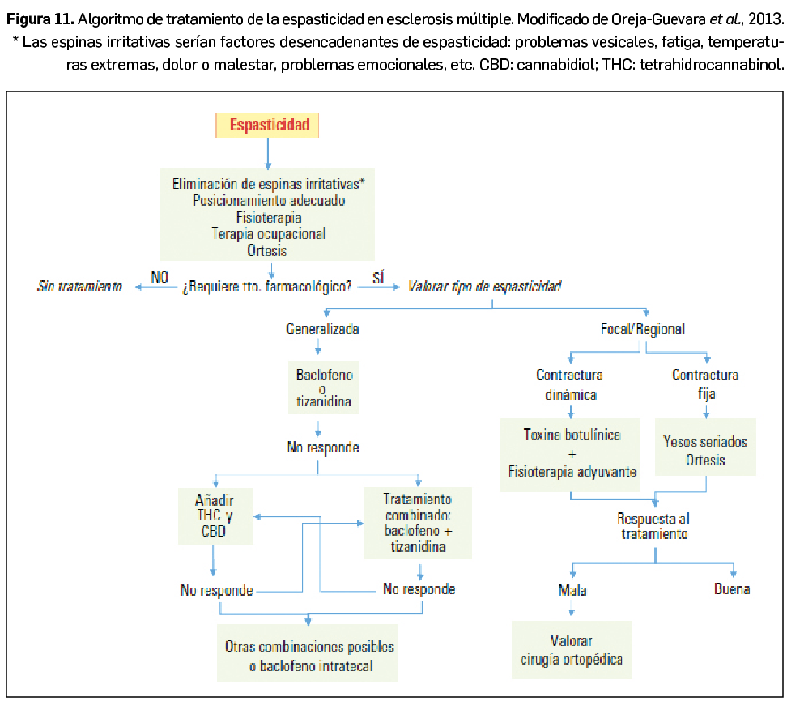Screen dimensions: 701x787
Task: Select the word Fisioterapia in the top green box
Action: point(269,218)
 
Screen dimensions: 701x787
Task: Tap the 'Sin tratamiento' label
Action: point(80,287)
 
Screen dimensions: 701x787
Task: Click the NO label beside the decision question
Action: point(160,277)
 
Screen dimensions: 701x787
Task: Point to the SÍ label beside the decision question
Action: point(378,277)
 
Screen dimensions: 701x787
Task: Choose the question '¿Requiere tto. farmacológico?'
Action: point(266,287)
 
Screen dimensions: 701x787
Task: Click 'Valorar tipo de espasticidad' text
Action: point(485,287)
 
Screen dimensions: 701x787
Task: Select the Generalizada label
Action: point(322,329)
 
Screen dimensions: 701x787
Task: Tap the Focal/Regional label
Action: point(643,329)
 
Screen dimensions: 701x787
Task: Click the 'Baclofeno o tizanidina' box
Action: point(324,389)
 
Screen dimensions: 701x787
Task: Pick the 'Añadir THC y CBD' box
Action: point(214,514)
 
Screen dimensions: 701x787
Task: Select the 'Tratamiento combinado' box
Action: point(418,523)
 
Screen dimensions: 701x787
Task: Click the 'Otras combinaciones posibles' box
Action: point(309,656)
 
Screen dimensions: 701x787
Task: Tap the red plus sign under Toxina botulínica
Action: point(572,453)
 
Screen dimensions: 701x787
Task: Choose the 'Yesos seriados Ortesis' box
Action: point(705,451)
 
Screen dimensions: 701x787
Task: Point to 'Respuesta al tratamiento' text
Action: point(654,526)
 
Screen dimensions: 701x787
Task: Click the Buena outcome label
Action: point(732,589)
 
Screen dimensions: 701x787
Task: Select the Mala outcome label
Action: point(572,590)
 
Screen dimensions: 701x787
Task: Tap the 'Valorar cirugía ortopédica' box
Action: point(572,649)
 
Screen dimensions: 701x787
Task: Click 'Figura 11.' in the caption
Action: point(40,19)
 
